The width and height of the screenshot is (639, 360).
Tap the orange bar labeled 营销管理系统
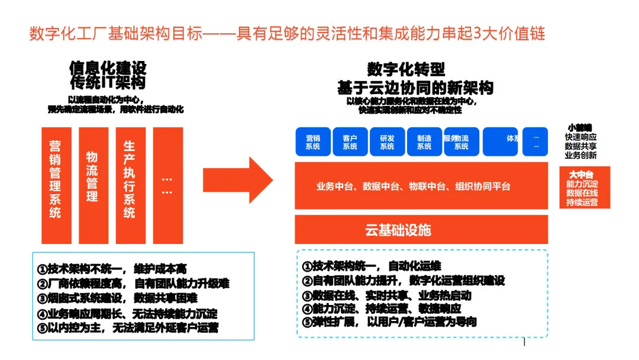coord(55,185)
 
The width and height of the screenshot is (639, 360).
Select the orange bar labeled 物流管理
coord(92,185)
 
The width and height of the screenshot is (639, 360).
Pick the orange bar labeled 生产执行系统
coord(130,185)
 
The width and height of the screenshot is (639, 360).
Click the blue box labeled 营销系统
coord(313,142)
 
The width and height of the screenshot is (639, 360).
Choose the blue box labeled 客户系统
coord(350,142)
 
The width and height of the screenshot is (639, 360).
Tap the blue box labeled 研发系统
coord(387,142)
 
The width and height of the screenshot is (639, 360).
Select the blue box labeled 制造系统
coord(424,142)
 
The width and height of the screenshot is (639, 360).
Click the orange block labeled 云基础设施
coord(398,230)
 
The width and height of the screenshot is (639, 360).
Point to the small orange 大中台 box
coord(584,188)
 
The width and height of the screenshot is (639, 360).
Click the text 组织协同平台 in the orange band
coord(482,187)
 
